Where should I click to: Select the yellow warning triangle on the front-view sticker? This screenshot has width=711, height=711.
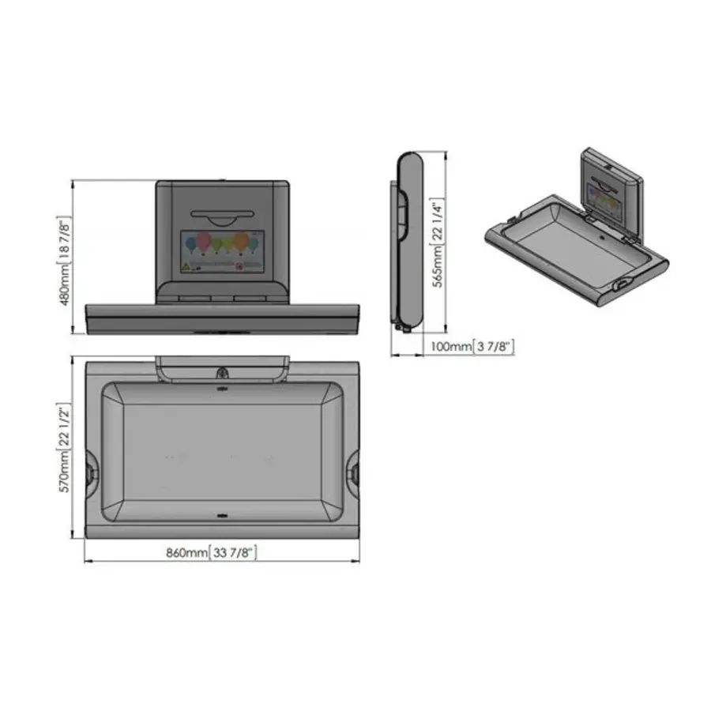click(x=186, y=266)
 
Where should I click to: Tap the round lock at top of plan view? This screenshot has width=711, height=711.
click(x=222, y=373)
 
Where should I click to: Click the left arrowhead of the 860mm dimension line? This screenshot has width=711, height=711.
click(x=87, y=562)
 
